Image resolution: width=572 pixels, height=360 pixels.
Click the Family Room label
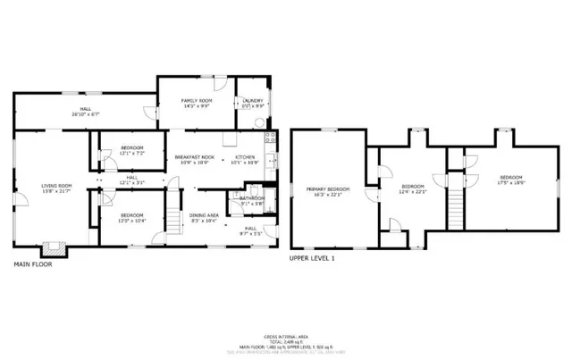(x=195, y=100)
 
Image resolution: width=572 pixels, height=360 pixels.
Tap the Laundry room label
(x=253, y=100)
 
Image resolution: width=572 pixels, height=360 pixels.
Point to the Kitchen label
(x=245, y=157)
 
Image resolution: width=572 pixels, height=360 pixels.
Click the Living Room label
(x=56, y=185)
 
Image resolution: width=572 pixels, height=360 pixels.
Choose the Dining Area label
(x=205, y=214)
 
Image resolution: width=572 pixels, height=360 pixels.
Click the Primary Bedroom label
(x=328, y=188)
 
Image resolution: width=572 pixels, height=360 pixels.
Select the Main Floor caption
(x=32, y=263)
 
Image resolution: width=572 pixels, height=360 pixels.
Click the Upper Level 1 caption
(x=311, y=257)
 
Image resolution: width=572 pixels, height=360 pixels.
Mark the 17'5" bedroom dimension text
(x=512, y=181)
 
